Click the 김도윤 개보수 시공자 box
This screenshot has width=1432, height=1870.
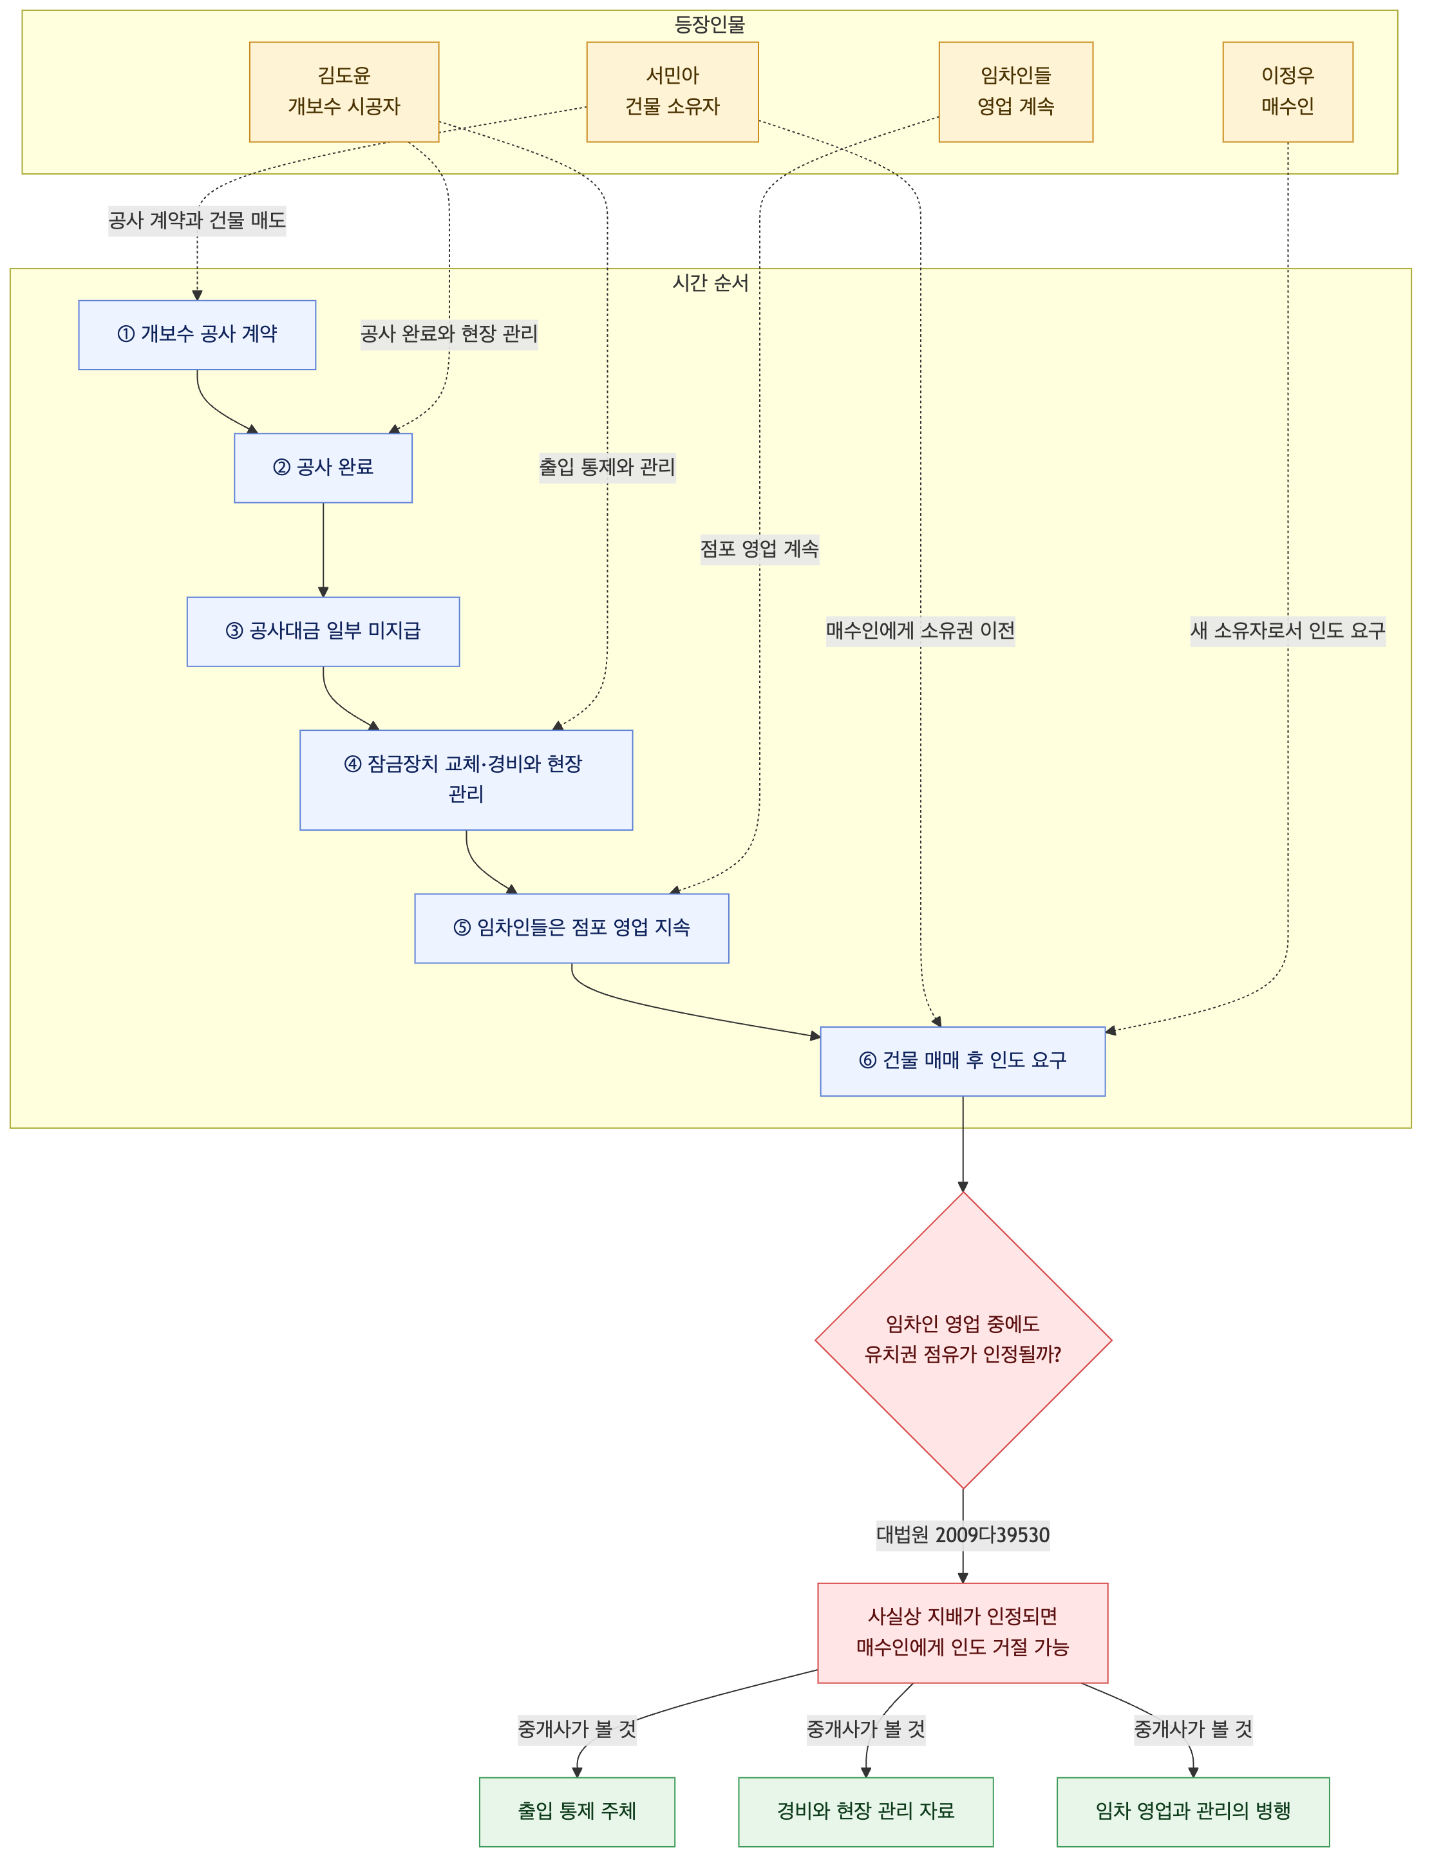coord(344,92)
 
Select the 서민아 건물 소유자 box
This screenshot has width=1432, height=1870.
coord(672,92)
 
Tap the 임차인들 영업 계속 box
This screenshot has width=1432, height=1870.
coord(1016,92)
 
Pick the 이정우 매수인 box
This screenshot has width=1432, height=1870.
coord(1288,92)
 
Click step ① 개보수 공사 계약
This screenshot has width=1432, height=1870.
coord(197,335)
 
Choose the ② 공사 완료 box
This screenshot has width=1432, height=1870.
coord(323,468)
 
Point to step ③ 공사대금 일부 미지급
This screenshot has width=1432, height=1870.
coord(323,632)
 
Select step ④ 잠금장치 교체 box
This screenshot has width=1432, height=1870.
coord(466,780)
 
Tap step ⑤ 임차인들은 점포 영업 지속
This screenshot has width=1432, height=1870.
coord(572,928)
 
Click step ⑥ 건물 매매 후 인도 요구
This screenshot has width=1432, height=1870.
coord(963,1061)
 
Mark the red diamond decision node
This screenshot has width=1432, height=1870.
coord(963,1340)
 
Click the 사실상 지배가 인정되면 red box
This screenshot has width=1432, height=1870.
coord(963,1633)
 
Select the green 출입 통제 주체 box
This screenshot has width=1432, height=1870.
coord(577,1812)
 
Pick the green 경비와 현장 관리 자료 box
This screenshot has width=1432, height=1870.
coord(866,1812)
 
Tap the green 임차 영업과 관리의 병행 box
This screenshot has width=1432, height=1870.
coord(1193,1812)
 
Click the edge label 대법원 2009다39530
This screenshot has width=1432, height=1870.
coord(963,1535)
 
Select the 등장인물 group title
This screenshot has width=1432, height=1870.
coord(710,24)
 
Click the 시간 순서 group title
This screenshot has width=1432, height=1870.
coord(711,283)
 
